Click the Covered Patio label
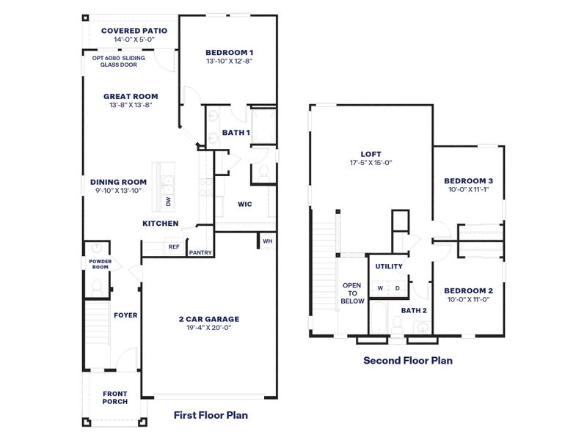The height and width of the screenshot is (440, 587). point(134,31)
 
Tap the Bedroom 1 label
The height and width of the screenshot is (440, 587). point(229,52)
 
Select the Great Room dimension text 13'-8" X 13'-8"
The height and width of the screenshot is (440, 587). point(131,106)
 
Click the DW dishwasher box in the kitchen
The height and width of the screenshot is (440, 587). point(168,201)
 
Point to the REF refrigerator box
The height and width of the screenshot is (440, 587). point(174,247)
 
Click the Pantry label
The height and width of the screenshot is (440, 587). point(200,253)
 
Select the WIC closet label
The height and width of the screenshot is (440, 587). point(244,205)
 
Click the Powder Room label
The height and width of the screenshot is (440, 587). point(99,264)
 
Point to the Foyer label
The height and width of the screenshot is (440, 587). point(125,315)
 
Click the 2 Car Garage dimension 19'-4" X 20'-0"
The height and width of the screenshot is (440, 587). point(209,329)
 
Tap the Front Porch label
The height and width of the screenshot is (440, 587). point(114,397)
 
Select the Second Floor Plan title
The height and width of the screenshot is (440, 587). point(408,360)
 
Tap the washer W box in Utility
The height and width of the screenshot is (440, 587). point(380,288)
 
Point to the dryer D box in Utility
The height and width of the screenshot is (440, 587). point(397,288)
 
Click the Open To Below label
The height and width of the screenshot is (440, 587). point(353,293)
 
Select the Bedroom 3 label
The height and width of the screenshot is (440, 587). point(468,181)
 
